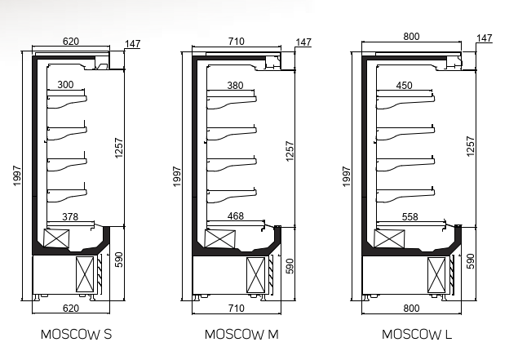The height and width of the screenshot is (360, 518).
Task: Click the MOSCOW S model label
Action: [76, 335]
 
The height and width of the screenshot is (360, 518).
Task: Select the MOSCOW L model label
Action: [417, 335]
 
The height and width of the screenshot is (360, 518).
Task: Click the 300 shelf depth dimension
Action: [65, 85]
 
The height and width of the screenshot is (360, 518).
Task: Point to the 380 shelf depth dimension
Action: [233, 85]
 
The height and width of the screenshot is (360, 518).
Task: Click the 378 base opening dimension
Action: [72, 216]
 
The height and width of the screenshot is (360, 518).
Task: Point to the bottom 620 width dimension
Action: [71, 309]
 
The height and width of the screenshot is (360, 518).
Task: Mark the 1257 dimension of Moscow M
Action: [290, 152]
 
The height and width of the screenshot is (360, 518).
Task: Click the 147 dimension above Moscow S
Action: [133, 42]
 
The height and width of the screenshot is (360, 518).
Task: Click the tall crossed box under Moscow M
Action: [256, 274]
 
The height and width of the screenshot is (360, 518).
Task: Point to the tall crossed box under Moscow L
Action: [438, 274]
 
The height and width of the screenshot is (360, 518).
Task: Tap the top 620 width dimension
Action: [71, 41]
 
